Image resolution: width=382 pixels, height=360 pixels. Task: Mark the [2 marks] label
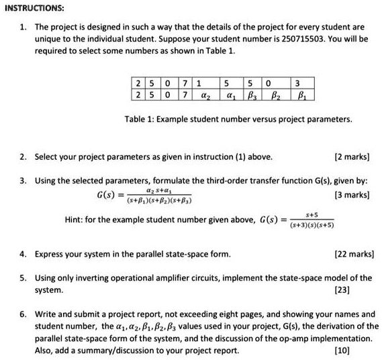pos(358,157)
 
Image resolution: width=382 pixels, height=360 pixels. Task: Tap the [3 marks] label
pos(358,195)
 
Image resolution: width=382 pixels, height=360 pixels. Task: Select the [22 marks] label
pos(356,254)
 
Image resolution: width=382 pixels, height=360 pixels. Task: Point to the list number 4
pos(22,254)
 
